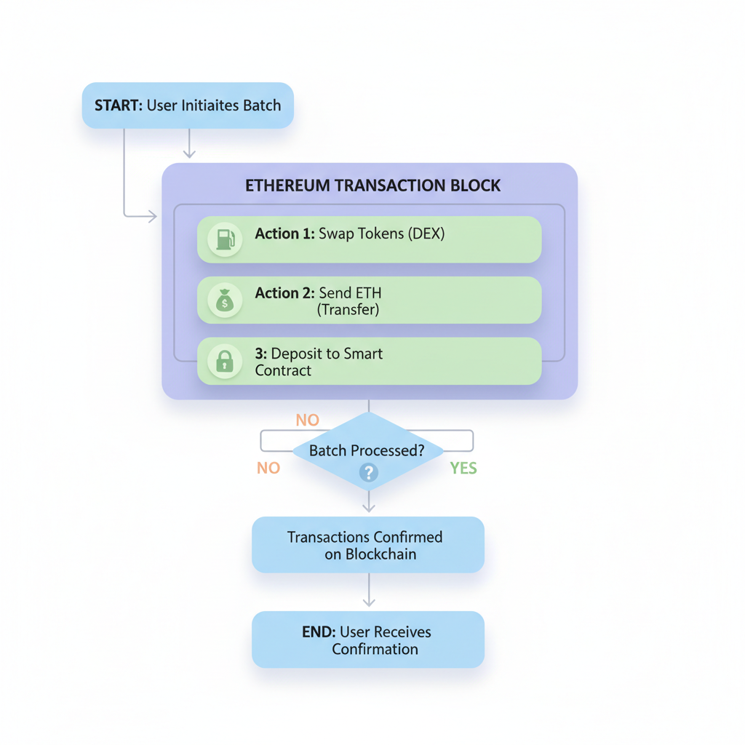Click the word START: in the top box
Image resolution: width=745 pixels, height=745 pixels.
pyautogui.click(x=119, y=105)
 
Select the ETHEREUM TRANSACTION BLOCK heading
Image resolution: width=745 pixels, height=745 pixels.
pyautogui.click(x=372, y=186)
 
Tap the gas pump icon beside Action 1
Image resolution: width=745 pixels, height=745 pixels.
pyautogui.click(x=225, y=239)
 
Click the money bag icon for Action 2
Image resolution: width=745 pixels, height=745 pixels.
pyautogui.click(x=225, y=300)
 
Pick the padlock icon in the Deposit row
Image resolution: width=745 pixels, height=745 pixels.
pyautogui.click(x=225, y=361)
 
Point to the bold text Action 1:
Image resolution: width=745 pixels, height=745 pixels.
pyautogui.click(x=284, y=234)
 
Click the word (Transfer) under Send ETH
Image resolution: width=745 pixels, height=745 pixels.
pyautogui.click(x=348, y=310)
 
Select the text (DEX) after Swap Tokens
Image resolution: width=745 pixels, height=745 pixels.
pyautogui.click(x=426, y=234)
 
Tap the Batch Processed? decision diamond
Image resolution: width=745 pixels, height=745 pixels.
pyautogui.click(x=368, y=451)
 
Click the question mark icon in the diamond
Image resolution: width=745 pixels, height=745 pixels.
pyautogui.click(x=369, y=473)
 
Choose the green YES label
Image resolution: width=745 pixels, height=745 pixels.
pyautogui.click(x=463, y=468)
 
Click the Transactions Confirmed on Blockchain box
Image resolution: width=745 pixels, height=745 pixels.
pyautogui.click(x=367, y=545)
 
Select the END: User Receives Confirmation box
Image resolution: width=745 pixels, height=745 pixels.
pyautogui.click(x=367, y=640)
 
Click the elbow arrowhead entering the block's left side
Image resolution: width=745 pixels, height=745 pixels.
pyautogui.click(x=152, y=216)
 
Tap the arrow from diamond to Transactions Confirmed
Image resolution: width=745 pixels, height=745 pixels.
pyautogui.click(x=369, y=503)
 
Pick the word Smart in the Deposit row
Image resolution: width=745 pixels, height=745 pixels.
pyautogui.click(x=363, y=354)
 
